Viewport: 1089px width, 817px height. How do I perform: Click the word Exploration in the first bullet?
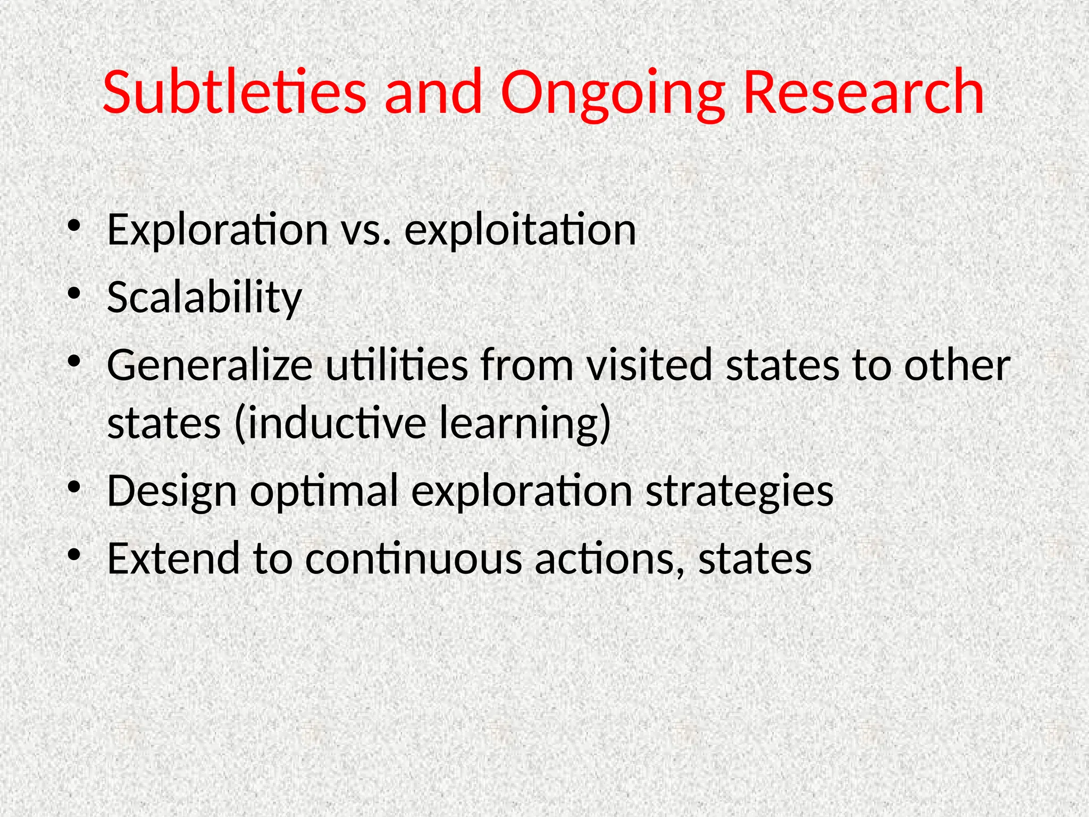pyautogui.click(x=217, y=230)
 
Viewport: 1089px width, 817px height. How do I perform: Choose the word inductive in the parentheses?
pyautogui.click(x=330, y=423)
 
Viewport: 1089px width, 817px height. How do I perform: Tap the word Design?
pyautogui.click(x=171, y=491)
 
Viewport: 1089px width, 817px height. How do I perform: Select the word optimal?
pyautogui.click(x=324, y=491)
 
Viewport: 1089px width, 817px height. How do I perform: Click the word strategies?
pyautogui.click(x=739, y=491)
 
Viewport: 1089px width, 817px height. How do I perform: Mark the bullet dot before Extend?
pyautogui.click(x=74, y=555)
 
